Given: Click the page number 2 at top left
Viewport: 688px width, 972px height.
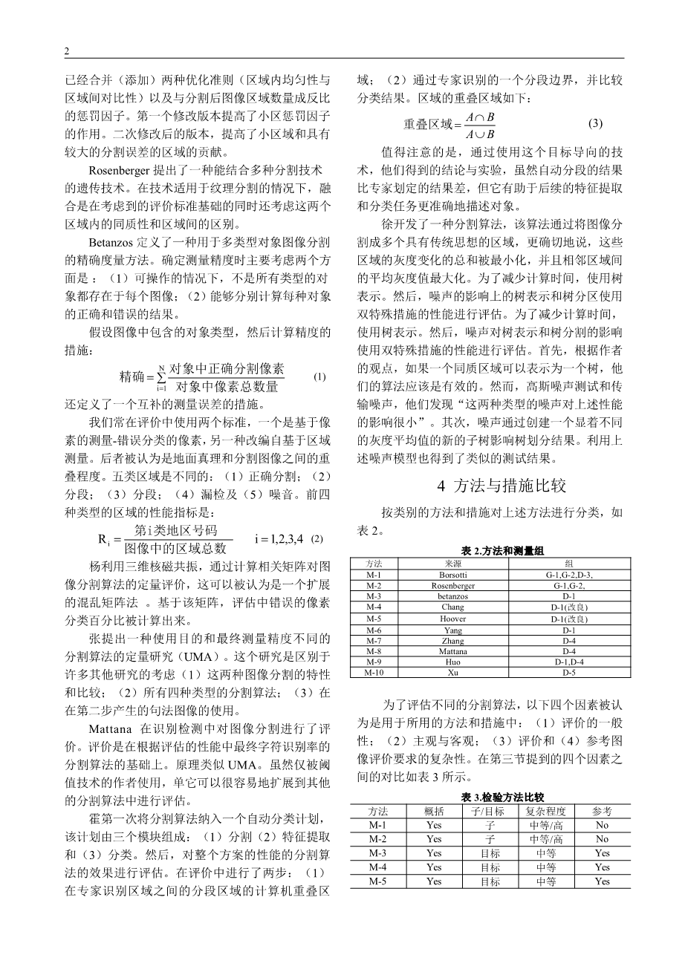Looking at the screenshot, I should (67, 51).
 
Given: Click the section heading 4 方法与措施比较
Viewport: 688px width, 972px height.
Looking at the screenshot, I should (502, 486).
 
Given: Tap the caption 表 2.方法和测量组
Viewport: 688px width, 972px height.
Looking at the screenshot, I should (503, 551).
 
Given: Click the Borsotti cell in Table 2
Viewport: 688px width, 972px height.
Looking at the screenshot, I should (452, 575).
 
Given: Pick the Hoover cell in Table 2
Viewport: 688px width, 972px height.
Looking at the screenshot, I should (452, 619).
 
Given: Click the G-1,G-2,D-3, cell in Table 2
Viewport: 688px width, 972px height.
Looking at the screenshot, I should (569, 575).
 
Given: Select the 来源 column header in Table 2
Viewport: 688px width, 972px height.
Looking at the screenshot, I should (452, 564).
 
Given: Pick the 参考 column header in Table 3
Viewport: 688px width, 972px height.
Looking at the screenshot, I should (602, 811).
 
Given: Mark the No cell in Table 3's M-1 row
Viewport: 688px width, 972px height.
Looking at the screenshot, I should (602, 825).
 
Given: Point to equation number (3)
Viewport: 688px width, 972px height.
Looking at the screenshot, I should (595, 123).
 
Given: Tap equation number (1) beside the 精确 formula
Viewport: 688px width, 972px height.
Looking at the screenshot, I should (319, 376).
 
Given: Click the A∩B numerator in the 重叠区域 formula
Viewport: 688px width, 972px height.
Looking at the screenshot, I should (480, 117).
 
